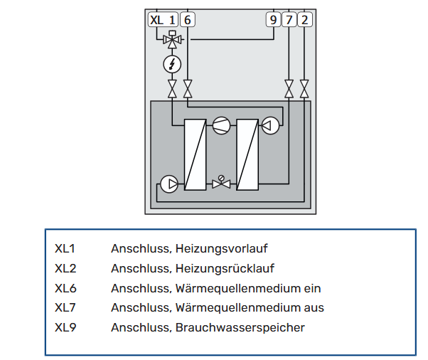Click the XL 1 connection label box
[163, 20]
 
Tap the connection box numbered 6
[188, 20]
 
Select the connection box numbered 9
[273, 20]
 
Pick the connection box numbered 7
[289, 20]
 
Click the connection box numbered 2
[304, 20]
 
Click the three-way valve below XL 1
[172, 40]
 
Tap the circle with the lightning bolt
[172, 65]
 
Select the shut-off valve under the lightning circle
[172, 89]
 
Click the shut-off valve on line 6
[188, 89]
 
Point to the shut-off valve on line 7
[289, 89]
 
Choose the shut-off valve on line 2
[304, 89]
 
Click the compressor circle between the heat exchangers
[221, 126]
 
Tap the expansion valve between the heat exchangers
[221, 182]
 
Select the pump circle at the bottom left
[169, 184]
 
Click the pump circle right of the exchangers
[270, 126]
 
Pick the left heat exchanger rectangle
[196, 154]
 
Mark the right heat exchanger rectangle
[247, 154]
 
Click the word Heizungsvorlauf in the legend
[221, 249]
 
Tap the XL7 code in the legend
[65, 308]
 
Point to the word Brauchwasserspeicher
[240, 327]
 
